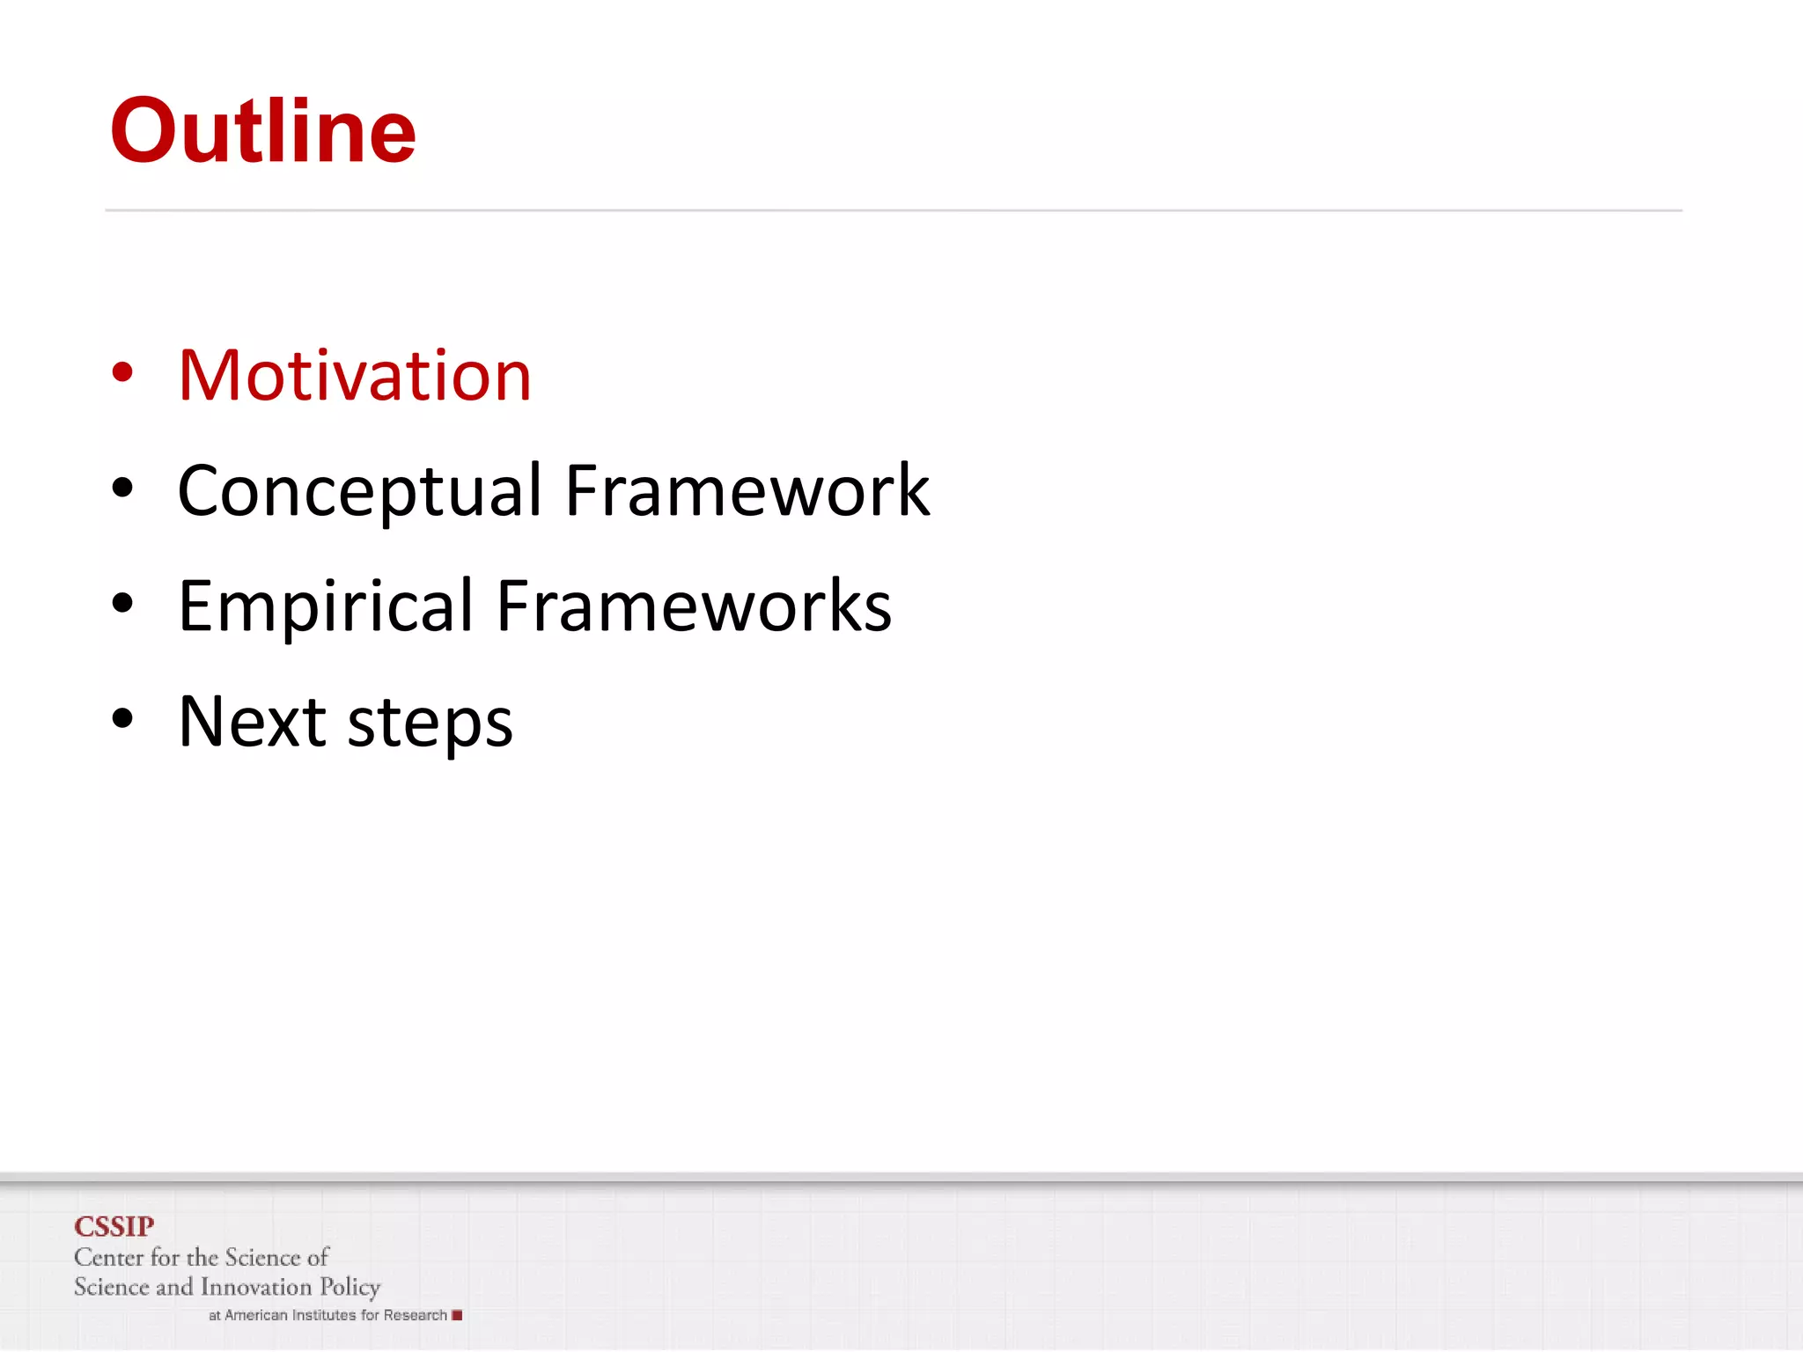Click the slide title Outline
click(x=262, y=131)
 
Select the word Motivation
click(x=355, y=376)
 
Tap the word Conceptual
click(x=359, y=491)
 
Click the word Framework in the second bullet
click(x=747, y=490)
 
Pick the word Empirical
click(x=326, y=606)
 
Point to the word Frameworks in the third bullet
click(x=694, y=606)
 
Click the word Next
click(x=253, y=722)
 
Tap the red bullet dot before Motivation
click(x=122, y=372)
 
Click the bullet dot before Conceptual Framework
click(x=122, y=488)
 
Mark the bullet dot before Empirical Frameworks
click(x=122, y=604)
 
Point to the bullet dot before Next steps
click(x=122, y=719)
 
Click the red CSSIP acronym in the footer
click(x=114, y=1226)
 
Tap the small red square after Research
click(x=457, y=1315)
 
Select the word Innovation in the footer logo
click(x=256, y=1287)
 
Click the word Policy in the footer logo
click(x=350, y=1288)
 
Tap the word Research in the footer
click(x=415, y=1315)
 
